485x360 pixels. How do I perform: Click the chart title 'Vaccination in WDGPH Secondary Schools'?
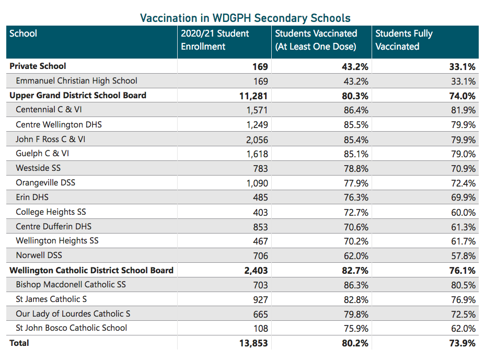(x=245, y=18)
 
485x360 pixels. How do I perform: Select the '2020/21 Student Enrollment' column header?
(x=215, y=40)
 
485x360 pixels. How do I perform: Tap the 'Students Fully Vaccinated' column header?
(x=404, y=40)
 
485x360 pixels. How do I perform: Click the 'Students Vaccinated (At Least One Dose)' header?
(x=316, y=40)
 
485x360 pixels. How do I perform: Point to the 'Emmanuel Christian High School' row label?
(x=76, y=81)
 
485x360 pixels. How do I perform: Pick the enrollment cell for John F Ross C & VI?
(x=257, y=140)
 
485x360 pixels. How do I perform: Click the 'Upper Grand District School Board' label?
(x=78, y=96)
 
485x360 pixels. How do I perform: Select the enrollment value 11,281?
(x=253, y=96)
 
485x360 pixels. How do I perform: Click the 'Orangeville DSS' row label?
(x=45, y=183)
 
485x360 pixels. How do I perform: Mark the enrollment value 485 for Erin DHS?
(x=260, y=198)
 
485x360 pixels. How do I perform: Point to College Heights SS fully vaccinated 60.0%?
(x=464, y=212)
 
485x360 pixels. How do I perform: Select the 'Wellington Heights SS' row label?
(x=57, y=241)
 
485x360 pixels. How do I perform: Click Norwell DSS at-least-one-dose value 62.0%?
(x=356, y=256)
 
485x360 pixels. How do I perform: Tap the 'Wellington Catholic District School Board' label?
(x=91, y=271)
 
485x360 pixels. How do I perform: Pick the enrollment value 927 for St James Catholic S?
(x=260, y=299)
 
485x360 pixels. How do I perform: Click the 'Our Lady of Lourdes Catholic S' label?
(x=73, y=314)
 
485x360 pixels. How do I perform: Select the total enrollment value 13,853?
(x=253, y=343)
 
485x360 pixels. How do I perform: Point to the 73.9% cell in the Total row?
(x=463, y=343)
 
